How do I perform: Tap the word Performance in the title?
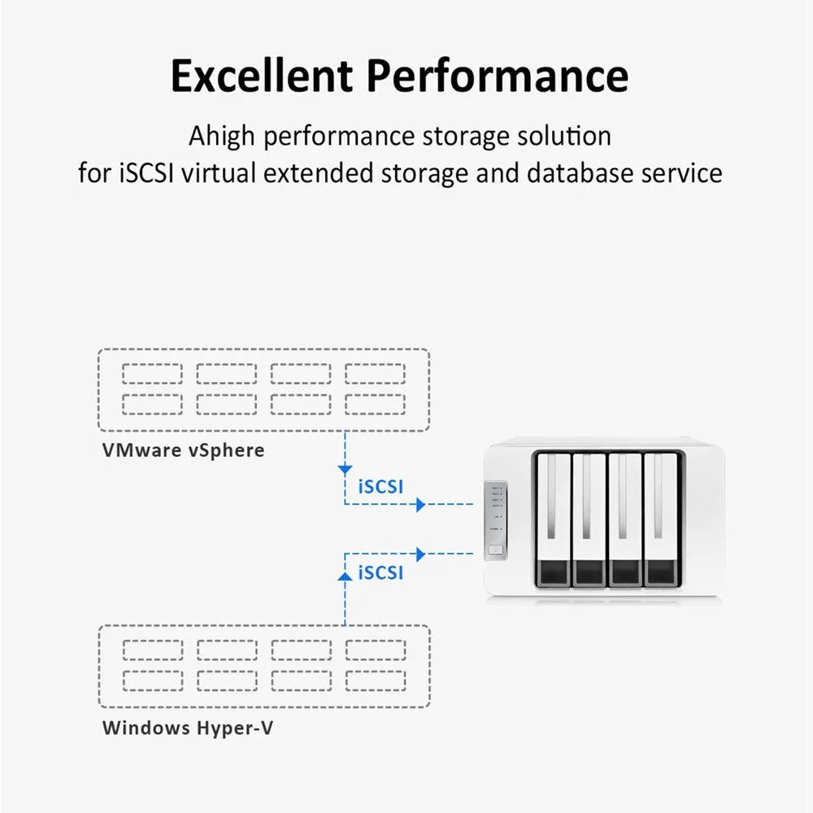[x=497, y=76]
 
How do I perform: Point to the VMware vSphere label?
[x=183, y=450]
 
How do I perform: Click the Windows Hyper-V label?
[x=188, y=727]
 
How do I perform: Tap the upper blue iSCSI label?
[x=380, y=487]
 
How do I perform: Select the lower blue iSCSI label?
[x=380, y=572]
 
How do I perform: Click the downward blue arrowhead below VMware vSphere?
[x=345, y=469]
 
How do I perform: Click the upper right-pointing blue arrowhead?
[x=420, y=505]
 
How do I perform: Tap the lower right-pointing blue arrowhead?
[x=420, y=554]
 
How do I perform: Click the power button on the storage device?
[x=494, y=550]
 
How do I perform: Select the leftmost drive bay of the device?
[x=552, y=520]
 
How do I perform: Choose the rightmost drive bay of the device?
[x=660, y=520]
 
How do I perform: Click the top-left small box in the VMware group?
[x=152, y=374]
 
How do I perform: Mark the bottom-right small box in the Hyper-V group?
[x=375, y=680]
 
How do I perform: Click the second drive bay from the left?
[x=589, y=520]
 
